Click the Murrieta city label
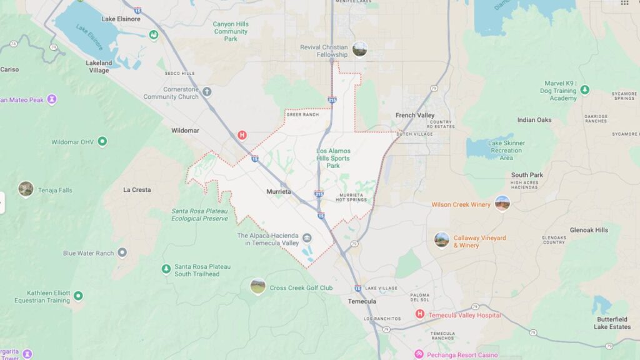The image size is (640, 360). (278, 191)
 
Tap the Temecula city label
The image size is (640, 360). (362, 301)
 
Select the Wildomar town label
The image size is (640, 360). (185, 131)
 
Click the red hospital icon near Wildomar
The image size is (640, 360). (242, 135)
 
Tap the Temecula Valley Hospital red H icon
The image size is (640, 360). (420, 314)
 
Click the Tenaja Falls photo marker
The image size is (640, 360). (26, 189)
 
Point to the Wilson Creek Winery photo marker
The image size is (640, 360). (502, 203)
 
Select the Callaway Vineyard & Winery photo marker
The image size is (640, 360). (442, 239)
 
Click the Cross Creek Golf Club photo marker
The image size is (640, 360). (257, 286)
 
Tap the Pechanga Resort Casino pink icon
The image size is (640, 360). (419, 354)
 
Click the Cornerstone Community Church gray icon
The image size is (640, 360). (207, 92)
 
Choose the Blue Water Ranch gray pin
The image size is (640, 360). (122, 252)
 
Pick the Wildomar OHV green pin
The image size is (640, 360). (102, 142)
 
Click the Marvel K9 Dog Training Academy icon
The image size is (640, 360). (585, 90)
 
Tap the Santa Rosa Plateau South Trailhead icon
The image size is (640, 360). (166, 269)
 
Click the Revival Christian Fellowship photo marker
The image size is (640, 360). (359, 49)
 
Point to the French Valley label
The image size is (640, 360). (415, 116)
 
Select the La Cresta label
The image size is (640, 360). (137, 190)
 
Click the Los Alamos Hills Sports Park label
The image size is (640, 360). (333, 158)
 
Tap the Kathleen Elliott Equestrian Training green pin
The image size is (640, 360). (78, 296)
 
